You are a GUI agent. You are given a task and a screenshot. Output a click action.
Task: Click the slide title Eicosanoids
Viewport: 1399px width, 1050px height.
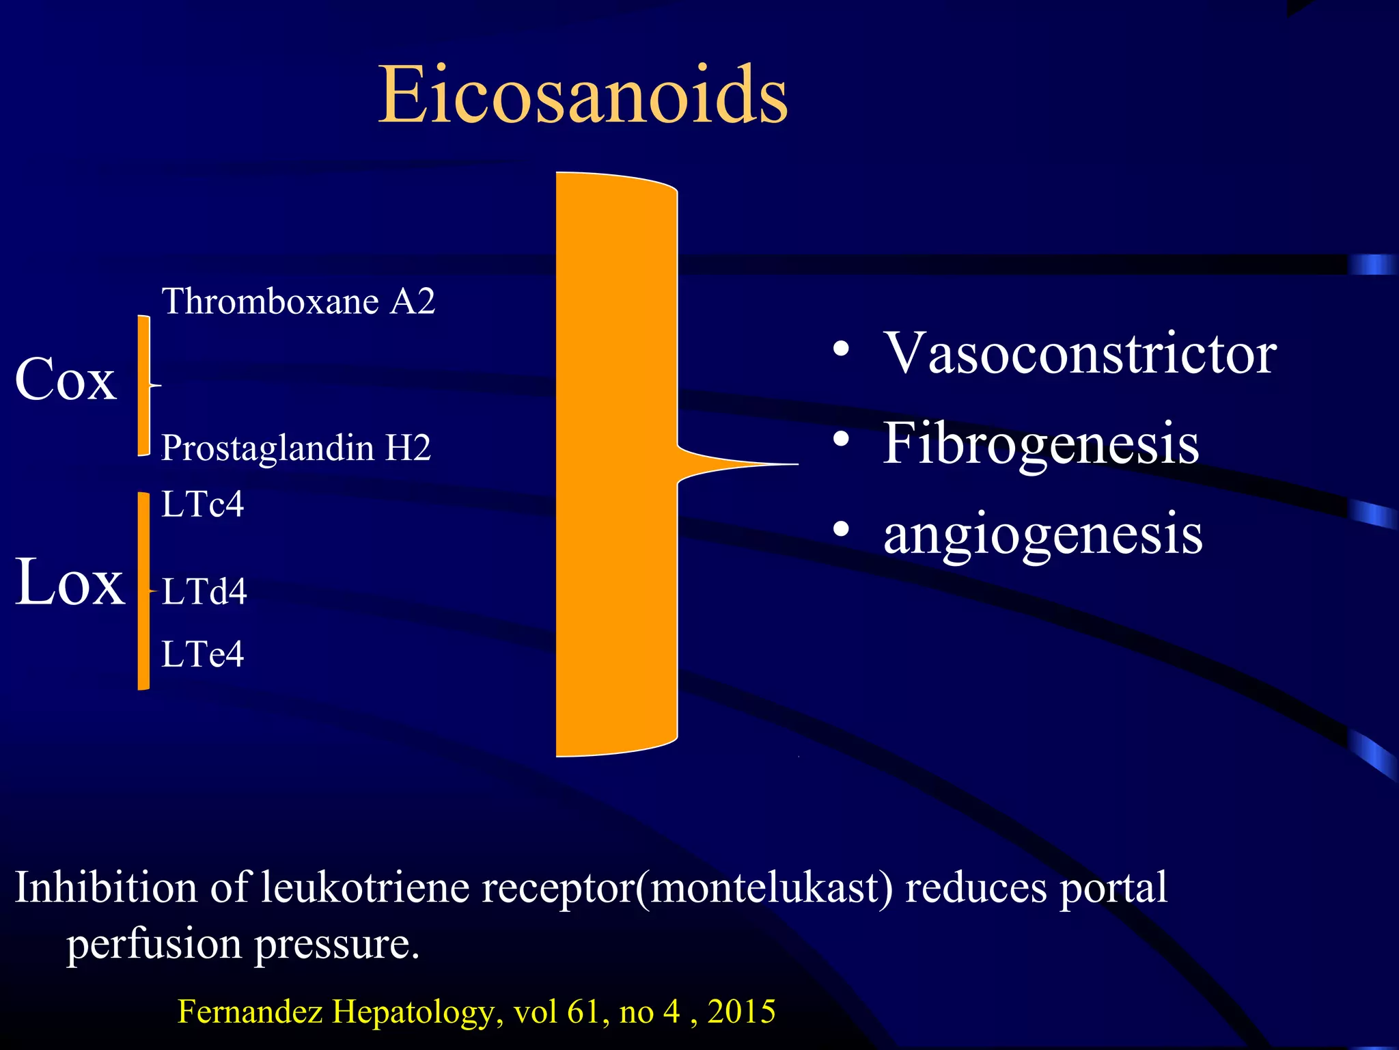(583, 95)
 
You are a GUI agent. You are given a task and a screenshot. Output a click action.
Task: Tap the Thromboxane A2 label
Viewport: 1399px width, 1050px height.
(298, 301)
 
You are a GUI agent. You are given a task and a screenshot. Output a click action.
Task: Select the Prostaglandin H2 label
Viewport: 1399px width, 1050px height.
(296, 448)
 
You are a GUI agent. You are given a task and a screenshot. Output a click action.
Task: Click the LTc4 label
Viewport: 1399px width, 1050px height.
(202, 504)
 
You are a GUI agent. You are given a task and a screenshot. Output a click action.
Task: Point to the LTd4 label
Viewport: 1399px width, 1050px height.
(204, 591)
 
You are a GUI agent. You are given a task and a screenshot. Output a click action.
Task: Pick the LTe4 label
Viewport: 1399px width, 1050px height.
(202, 654)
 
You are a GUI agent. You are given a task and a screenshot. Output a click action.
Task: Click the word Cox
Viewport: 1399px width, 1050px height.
(66, 379)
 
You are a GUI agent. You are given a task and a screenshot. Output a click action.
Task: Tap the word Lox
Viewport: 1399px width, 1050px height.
(70, 582)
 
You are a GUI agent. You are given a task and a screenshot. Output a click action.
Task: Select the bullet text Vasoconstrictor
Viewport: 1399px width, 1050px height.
(1079, 353)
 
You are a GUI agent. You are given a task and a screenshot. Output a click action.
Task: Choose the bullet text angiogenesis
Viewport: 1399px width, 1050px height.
(1042, 534)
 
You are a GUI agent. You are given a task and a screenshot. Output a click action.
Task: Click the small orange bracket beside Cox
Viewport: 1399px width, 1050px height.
(143, 385)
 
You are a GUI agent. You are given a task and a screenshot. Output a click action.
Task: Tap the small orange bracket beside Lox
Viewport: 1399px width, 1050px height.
(143, 591)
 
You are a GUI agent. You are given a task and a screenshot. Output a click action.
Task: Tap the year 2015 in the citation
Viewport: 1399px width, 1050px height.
(741, 1011)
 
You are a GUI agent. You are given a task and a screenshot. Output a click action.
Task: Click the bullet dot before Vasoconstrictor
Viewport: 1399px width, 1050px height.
(841, 350)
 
